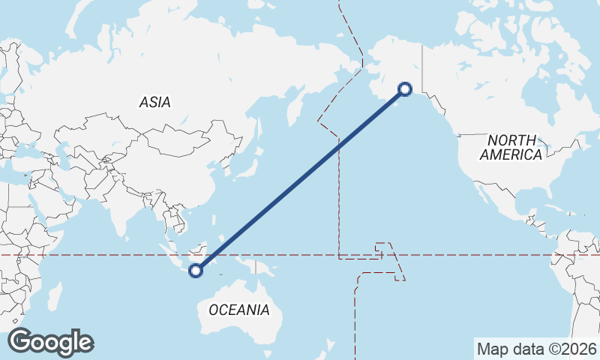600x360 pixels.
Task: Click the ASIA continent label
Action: pyautogui.click(x=155, y=102)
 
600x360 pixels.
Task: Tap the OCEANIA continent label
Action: pyautogui.click(x=238, y=310)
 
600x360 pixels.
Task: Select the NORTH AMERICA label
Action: pyautogui.click(x=511, y=148)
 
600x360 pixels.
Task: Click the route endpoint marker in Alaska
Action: pyautogui.click(x=405, y=89)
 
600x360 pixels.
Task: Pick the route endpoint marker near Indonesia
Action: pyautogui.click(x=196, y=271)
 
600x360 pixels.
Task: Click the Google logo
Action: pyautogui.click(x=50, y=342)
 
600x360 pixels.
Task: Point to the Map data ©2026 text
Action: pyautogui.click(x=537, y=349)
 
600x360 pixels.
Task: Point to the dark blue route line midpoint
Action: pyautogui.click(x=301, y=181)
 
